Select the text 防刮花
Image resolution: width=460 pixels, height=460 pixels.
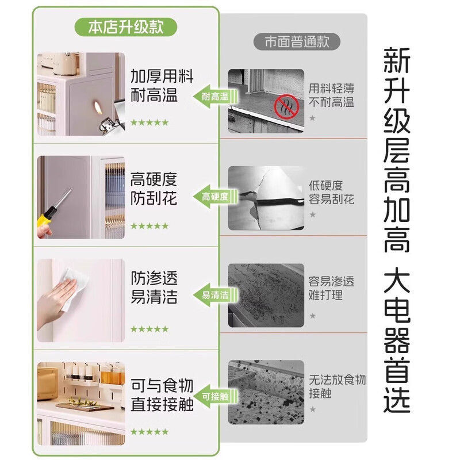(x=154, y=199)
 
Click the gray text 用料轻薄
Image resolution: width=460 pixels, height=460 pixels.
(x=331, y=88)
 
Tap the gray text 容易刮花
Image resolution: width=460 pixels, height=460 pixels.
(x=331, y=200)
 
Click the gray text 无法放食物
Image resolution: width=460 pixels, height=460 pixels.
(x=337, y=379)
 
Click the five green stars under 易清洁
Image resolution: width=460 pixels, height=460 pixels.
(x=149, y=329)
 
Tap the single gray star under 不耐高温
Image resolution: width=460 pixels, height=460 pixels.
(x=312, y=118)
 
